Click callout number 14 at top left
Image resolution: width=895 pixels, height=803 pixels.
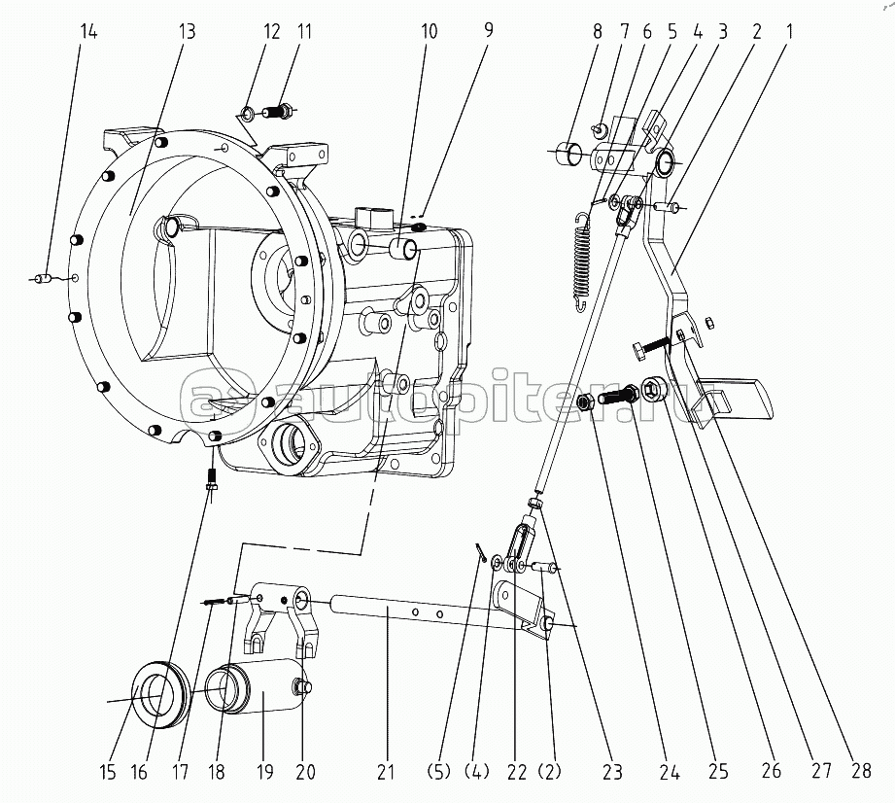(x=88, y=31)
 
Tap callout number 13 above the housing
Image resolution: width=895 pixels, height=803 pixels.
(x=187, y=31)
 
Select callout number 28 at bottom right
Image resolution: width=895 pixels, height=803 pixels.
(x=861, y=771)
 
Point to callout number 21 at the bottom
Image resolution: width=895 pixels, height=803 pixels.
(x=386, y=772)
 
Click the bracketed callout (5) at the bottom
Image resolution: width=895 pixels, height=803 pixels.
(x=439, y=772)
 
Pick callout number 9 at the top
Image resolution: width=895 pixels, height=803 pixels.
(x=488, y=30)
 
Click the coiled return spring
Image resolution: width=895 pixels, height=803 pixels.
(x=582, y=262)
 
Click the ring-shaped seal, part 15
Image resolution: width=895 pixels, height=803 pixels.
(x=160, y=694)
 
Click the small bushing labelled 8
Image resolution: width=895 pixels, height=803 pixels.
(x=569, y=153)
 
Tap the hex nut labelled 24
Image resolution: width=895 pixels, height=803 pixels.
(x=586, y=402)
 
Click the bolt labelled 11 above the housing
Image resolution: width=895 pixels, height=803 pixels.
(x=279, y=110)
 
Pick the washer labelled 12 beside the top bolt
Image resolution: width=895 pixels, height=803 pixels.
(x=249, y=114)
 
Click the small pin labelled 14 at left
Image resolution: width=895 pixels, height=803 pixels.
(x=42, y=279)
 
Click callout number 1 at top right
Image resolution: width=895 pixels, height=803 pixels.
(x=789, y=31)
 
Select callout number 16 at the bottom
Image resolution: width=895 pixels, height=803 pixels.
(x=139, y=772)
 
